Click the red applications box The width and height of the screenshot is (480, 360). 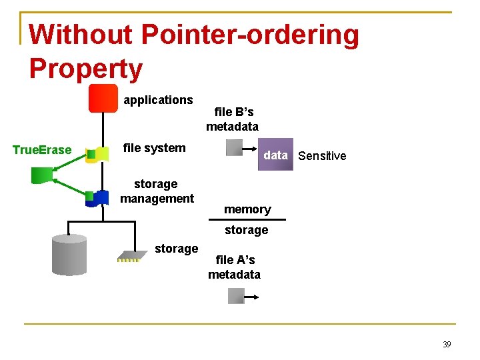[103, 99]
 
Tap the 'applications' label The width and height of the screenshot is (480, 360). [158, 100]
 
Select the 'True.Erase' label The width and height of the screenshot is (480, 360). [42, 150]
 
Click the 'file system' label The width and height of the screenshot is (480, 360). [155, 148]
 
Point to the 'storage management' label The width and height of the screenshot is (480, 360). [157, 191]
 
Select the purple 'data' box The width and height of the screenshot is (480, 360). [275, 156]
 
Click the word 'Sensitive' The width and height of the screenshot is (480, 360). [322, 156]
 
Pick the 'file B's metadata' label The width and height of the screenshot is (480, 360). [233, 119]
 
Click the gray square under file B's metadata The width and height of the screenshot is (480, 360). [234, 148]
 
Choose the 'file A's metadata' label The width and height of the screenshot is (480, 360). [234, 267]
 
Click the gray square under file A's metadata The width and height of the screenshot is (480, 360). [236, 295]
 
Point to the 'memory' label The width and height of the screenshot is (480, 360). [247, 209]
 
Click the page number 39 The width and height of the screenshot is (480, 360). [447, 344]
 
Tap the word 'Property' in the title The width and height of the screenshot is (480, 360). [86, 69]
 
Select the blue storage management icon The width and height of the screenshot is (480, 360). [99, 198]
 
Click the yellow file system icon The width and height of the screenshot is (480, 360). [99, 155]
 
